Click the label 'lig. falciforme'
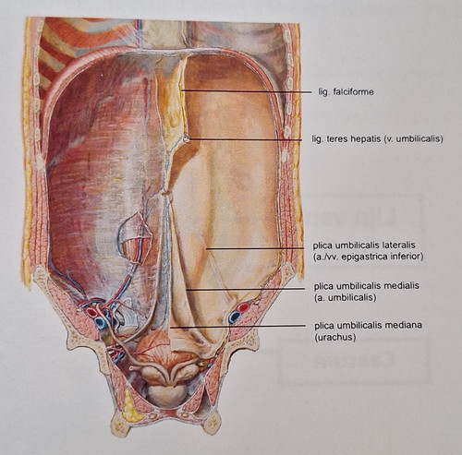coord(346,91)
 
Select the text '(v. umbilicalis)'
coord(414,139)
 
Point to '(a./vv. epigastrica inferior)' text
coord(368,257)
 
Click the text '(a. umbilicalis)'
coord(345,297)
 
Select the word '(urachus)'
coord(335,337)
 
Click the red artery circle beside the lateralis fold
coord(243,307)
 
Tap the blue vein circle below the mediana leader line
coord(234,317)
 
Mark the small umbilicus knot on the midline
coord(166,193)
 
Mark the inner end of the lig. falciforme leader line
coord(181,90)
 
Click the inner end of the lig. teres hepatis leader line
coord(187,138)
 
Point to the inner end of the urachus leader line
coord(170,328)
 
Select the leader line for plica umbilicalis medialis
coord(249,289)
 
